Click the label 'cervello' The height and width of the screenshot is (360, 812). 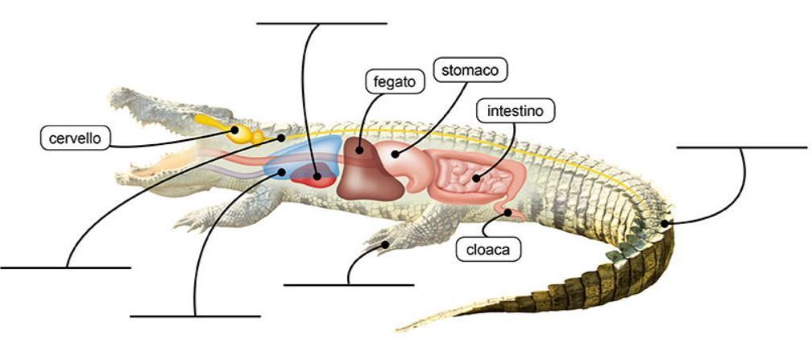(x=73, y=138)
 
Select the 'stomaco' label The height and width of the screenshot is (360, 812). (x=470, y=70)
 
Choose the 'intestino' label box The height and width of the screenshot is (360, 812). (x=515, y=110)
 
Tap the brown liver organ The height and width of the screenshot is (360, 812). (x=368, y=172)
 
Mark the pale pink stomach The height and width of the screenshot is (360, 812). (x=407, y=161)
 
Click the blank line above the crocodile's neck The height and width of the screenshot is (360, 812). (x=321, y=23)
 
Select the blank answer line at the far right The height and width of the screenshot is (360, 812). (x=741, y=147)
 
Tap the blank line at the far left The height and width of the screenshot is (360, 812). (x=65, y=267)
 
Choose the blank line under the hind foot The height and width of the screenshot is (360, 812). (x=349, y=283)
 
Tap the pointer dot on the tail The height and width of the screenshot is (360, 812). (x=665, y=222)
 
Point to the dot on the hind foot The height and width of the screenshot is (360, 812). (x=387, y=242)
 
